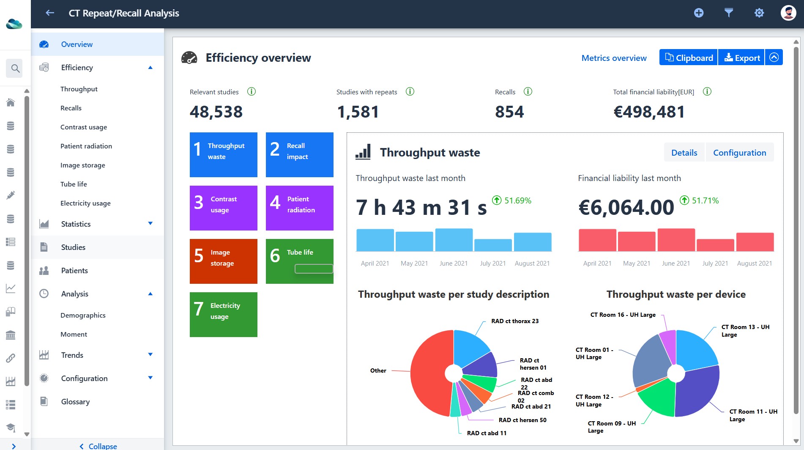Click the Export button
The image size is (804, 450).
(x=741, y=58)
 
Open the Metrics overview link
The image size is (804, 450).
(x=614, y=58)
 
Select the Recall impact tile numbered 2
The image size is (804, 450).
(x=299, y=155)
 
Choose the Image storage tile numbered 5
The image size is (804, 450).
(x=223, y=261)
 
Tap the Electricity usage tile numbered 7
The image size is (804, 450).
(x=223, y=315)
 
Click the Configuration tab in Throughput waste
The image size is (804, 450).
(x=739, y=153)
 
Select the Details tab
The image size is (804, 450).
(x=684, y=153)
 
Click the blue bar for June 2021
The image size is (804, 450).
(x=454, y=240)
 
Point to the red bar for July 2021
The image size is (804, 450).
(x=715, y=245)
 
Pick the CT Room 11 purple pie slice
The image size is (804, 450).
(x=697, y=391)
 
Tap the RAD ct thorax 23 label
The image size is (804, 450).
(x=515, y=321)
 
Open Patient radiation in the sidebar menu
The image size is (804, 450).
(x=86, y=146)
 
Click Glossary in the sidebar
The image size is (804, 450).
(x=75, y=402)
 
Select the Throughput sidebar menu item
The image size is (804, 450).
(x=79, y=89)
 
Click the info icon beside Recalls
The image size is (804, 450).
(x=528, y=91)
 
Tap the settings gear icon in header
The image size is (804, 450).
(x=759, y=13)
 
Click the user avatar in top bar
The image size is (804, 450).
(x=788, y=13)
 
